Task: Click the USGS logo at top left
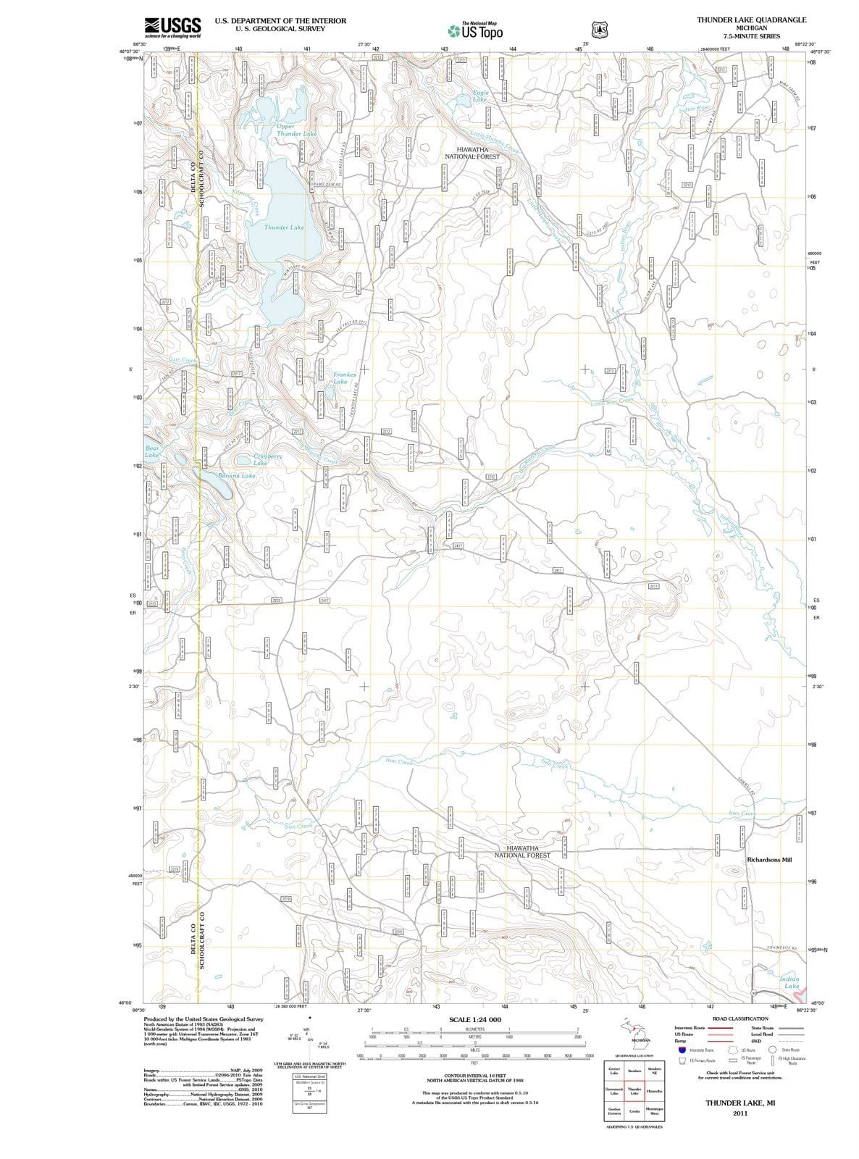click(172, 28)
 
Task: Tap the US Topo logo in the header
click(476, 31)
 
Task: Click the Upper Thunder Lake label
click(296, 130)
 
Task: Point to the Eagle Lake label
click(480, 96)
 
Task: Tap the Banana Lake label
click(237, 476)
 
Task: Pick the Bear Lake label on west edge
click(151, 451)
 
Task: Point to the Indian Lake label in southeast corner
click(789, 982)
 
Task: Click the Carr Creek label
click(182, 360)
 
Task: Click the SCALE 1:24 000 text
click(475, 1019)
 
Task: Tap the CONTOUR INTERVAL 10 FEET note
click(474, 1076)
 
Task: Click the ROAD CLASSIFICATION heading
click(740, 1018)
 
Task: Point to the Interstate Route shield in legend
click(682, 1050)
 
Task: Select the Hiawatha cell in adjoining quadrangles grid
click(653, 1091)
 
